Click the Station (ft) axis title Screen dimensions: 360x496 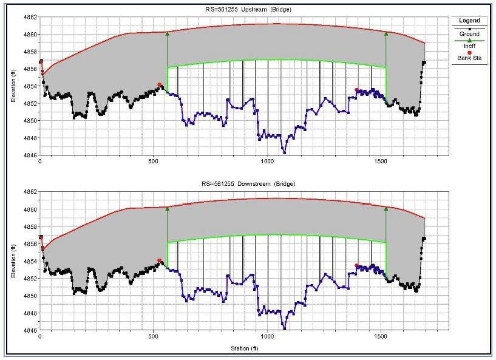tap(244, 348)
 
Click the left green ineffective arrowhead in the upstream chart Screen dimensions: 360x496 tap(167, 33)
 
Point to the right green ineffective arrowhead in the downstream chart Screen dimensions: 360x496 tap(386, 209)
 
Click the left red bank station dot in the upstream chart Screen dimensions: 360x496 tap(160, 85)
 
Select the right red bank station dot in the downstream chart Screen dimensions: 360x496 tap(357, 265)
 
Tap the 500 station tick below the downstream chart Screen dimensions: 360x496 tap(154, 336)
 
